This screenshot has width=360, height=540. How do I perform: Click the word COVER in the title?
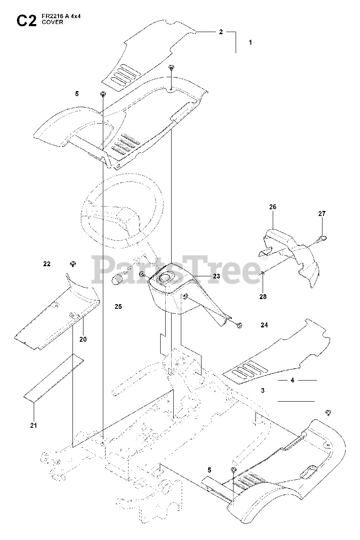52,22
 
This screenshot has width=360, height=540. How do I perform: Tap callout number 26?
273,207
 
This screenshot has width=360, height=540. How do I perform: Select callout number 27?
322,214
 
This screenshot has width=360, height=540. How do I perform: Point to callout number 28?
263,297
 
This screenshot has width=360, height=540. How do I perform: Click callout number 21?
33,425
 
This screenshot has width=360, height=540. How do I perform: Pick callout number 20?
83,339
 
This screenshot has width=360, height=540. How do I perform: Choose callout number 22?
47,264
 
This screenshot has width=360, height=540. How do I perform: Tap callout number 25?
118,307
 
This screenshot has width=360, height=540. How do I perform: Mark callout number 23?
217,276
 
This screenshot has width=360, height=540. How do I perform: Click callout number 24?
264,325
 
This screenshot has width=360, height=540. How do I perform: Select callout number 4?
292,380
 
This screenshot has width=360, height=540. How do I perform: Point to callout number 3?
263,391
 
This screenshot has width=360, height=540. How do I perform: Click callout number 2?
221,32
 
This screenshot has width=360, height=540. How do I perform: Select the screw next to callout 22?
73,264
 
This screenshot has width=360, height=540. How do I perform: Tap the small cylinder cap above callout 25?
118,280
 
